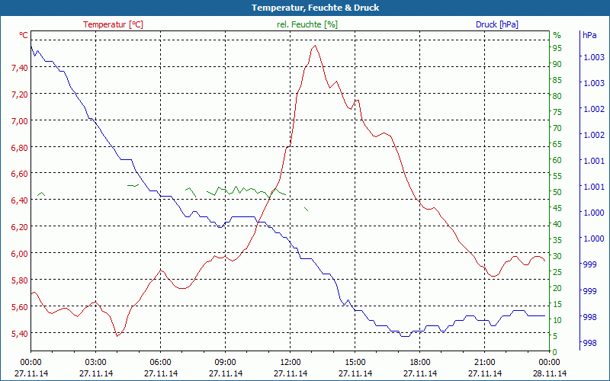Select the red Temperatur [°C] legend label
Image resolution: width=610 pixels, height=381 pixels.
pyautogui.click(x=113, y=24)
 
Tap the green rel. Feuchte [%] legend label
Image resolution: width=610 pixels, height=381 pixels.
pyautogui.click(x=307, y=24)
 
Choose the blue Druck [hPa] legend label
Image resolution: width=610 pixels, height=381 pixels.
pyautogui.click(x=496, y=24)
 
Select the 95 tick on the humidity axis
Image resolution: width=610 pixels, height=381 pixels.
pyautogui.click(x=557, y=48)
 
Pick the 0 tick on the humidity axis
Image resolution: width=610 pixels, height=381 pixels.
pyautogui.click(x=555, y=351)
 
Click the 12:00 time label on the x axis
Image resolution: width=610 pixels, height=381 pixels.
pyautogui.click(x=291, y=362)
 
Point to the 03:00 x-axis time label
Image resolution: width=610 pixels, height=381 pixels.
pyautogui.click(x=95, y=362)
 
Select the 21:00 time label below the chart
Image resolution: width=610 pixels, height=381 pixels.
pyautogui.click(x=485, y=362)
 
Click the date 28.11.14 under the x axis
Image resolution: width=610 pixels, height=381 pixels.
pyautogui.click(x=550, y=373)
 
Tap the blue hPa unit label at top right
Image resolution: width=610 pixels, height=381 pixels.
pyautogui.click(x=589, y=35)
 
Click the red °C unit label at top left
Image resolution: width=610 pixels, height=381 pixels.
pyautogui.click(x=24, y=35)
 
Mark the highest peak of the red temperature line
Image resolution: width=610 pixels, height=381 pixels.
pyautogui.click(x=314, y=46)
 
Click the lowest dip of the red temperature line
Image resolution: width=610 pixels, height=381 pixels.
pyautogui.click(x=117, y=335)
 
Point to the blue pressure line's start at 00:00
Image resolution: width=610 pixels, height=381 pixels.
pyautogui.click(x=31, y=46)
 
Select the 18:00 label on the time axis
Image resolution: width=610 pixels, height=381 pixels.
pyautogui.click(x=420, y=362)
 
